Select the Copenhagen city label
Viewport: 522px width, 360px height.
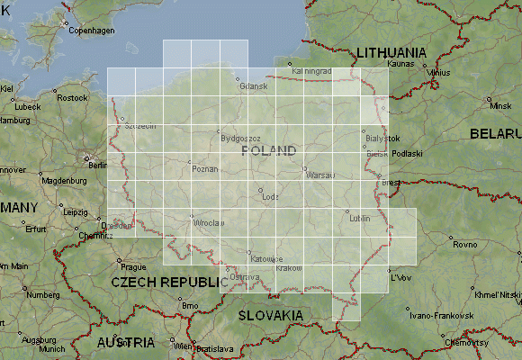pos(93,31)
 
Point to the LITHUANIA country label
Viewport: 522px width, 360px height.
pos(392,53)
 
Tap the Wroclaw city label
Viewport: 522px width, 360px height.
pos(207,222)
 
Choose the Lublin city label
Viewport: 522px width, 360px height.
pos(360,219)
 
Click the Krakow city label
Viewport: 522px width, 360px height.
pos(290,268)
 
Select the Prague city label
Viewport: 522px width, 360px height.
pos(133,266)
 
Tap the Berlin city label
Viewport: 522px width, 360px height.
pos(98,166)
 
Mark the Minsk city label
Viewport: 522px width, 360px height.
pos(499,106)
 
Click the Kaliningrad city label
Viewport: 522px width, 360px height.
pos(312,70)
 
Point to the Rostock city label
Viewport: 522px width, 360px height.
pos(72,98)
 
